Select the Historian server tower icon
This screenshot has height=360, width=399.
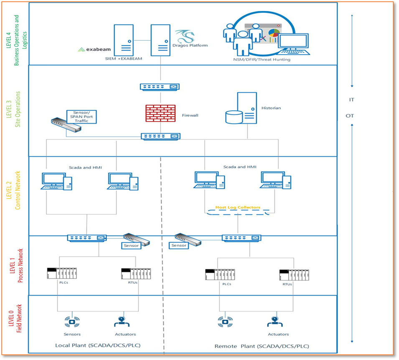point(246,107)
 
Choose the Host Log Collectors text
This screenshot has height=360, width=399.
point(238,207)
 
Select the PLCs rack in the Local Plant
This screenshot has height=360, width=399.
point(62,274)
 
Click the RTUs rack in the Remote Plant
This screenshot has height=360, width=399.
point(294,274)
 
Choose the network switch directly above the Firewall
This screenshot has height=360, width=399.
point(160,87)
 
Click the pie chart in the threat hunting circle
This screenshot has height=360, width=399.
point(274,33)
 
